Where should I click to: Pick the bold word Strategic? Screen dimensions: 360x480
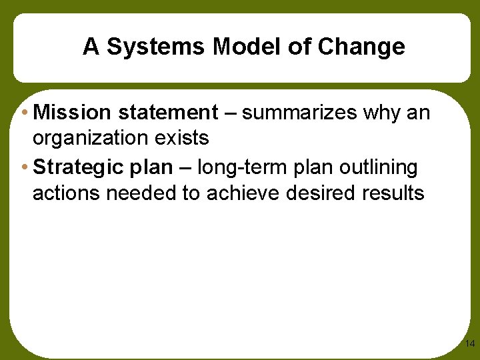coord(79,167)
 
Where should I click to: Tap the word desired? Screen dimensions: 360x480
coord(321,193)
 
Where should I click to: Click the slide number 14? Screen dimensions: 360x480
coord(469,344)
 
